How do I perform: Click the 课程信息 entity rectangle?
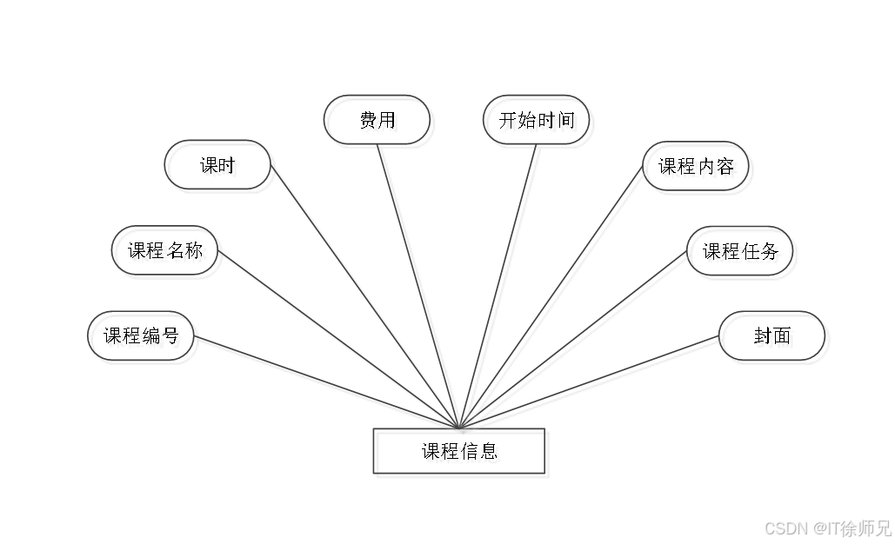(461, 454)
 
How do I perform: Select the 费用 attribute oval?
(379, 122)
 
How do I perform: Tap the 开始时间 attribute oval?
(538, 122)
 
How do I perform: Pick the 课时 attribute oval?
(220, 168)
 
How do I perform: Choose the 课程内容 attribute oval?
(698, 169)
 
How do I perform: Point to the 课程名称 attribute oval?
(168, 253)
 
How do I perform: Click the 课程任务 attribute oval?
(742, 254)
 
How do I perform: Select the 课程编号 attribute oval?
(144, 338)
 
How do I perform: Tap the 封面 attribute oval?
(774, 338)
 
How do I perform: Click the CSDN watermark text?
(785, 527)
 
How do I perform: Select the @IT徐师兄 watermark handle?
(852, 527)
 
